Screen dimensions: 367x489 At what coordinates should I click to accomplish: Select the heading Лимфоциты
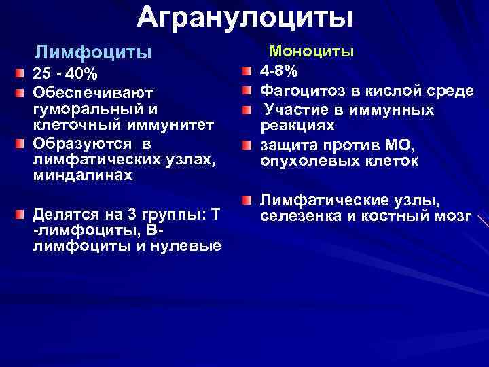(93, 52)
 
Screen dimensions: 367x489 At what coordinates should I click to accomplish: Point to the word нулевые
(187, 245)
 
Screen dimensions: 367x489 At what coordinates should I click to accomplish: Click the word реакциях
(298, 127)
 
